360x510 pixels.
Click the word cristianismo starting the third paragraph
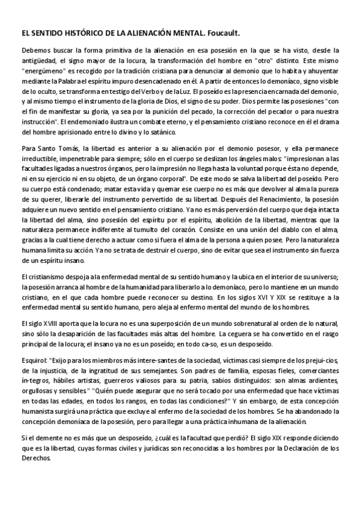pyautogui.click(x=47, y=276)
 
